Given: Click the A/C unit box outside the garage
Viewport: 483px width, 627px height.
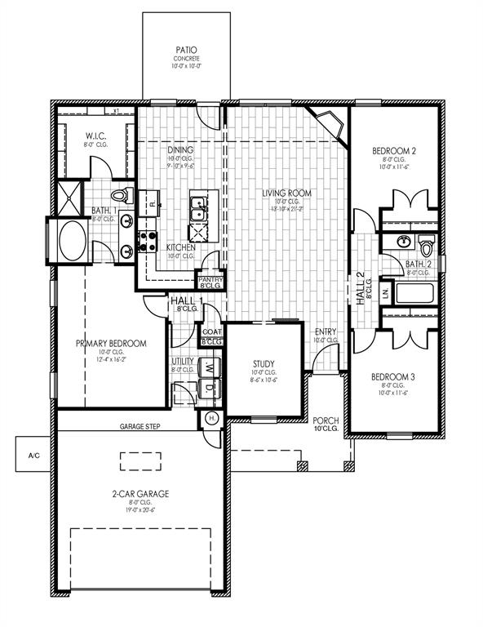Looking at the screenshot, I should point(33,455).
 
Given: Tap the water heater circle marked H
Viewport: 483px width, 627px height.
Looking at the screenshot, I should point(210,418).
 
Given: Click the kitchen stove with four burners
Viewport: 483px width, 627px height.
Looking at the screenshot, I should point(148,239).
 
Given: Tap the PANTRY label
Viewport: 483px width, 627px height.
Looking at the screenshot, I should point(210,278).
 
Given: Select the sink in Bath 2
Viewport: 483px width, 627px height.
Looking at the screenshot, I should point(403,241).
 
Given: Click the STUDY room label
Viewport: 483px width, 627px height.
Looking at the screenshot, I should point(263,364).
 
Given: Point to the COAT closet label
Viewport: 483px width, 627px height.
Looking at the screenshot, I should point(211,331).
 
